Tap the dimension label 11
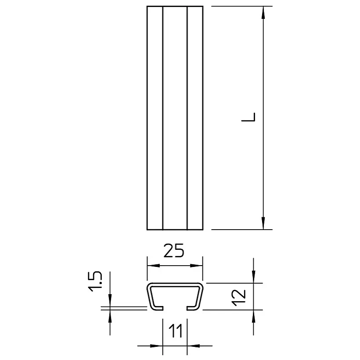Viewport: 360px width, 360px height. pos(176,331)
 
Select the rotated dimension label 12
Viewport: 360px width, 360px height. pos(239,297)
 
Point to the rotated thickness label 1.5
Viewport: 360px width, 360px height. pos(95,281)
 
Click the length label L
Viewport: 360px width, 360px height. pos(248,117)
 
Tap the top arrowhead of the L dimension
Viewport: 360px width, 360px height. pos(263,12)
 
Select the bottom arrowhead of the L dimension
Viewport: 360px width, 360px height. pos(263,223)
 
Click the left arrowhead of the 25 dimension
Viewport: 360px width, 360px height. pos(153,266)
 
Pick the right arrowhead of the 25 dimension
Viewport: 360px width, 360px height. pos(197,266)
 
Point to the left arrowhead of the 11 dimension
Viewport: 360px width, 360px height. pos(157,346)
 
